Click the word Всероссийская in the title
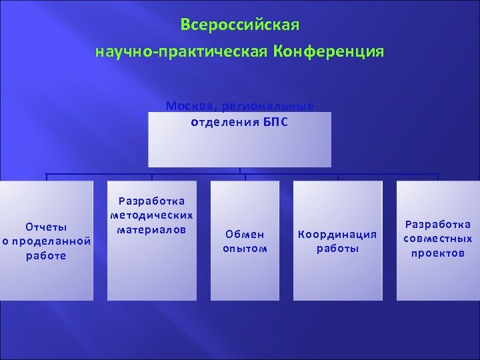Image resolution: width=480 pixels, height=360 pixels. tap(240, 25)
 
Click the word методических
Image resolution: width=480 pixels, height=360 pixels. tap(151, 215)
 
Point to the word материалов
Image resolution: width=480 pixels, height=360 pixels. tap(151, 229)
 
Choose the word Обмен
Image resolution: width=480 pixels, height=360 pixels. tap(245, 235)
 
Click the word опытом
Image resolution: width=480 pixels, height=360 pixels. tap(245, 249)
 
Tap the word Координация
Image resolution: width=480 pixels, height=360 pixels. tap(337, 235)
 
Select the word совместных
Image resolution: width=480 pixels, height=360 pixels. tap(438, 239)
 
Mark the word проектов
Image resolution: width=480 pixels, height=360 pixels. tap(438, 253)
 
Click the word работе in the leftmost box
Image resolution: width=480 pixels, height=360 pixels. tap(45, 256)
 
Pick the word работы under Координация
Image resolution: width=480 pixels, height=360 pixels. tap(337, 249)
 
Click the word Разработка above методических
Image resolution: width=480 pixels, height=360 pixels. tap(151, 201)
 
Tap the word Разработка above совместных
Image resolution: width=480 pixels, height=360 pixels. tap(438, 225)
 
